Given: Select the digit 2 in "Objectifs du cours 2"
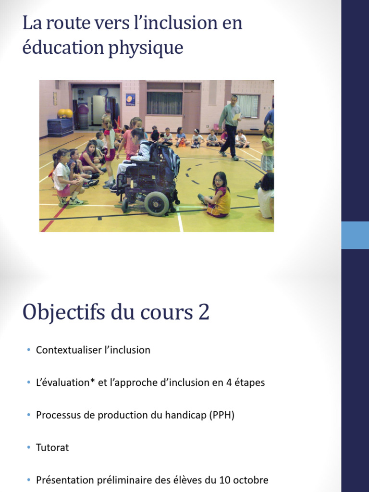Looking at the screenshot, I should pos(203,312).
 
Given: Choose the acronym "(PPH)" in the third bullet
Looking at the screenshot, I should pos(221,415).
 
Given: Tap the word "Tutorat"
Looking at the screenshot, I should pos(52,448).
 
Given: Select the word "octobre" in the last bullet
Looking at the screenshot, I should pos(250,480).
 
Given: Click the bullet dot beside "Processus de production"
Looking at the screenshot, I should pos(29,415).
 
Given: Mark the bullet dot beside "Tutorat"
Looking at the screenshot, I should pos(29,448).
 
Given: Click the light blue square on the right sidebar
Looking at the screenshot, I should pos(355,235).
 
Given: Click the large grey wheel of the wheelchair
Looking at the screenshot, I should pos(157,204).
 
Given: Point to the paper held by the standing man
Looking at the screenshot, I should pos(237,117).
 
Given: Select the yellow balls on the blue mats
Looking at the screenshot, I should pos(65,113).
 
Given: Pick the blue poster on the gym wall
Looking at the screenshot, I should pos(130,99).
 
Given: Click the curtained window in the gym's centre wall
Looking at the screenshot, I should pos(164,102).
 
